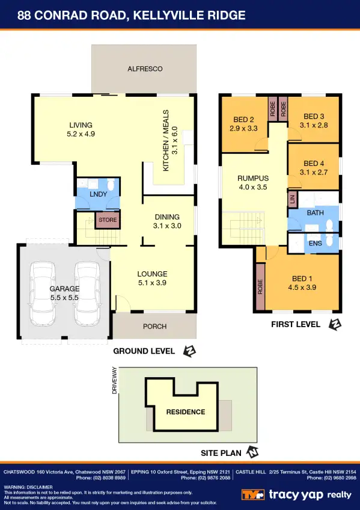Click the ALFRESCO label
(x=145, y=69)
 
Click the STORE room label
(x=108, y=221)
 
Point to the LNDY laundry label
(x=98, y=195)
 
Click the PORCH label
(x=155, y=327)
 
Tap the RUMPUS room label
(x=252, y=179)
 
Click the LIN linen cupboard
(x=293, y=200)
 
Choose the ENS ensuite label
(x=315, y=244)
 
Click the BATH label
(x=316, y=213)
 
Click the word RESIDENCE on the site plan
(x=186, y=412)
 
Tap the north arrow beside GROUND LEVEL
(x=190, y=351)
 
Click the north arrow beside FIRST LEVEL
(x=335, y=325)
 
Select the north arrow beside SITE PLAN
(x=253, y=452)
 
